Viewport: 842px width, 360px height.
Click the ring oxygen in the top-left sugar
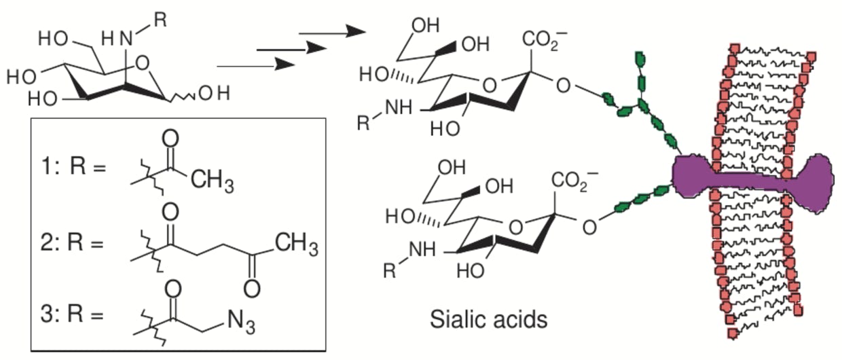(143, 65)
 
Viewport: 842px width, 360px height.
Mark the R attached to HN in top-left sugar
(159, 18)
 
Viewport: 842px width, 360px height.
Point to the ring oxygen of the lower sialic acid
(517, 227)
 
